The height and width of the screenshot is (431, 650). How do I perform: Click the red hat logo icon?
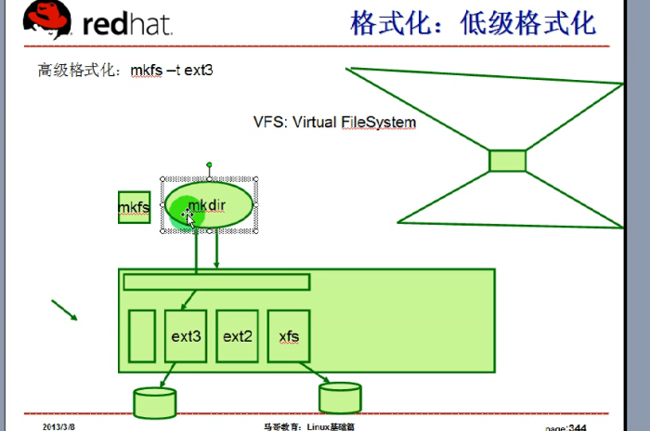[x=49, y=20]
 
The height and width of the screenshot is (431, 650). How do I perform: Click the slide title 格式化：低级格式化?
[x=473, y=23]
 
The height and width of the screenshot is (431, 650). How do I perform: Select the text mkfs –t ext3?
[x=179, y=70]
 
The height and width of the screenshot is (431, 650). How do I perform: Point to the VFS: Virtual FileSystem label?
[x=334, y=122]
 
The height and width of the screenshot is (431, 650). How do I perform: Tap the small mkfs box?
[x=134, y=208]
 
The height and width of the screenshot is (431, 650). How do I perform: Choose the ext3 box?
[x=186, y=335]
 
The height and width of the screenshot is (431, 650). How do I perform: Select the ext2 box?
[x=238, y=335]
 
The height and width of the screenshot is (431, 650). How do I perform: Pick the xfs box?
[x=289, y=335]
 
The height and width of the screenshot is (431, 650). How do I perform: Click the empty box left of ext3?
[x=141, y=335]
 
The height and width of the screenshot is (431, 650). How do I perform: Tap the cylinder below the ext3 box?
[x=155, y=402]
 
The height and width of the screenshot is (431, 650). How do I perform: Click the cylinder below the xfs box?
[x=340, y=398]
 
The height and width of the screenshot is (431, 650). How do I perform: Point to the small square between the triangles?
[x=507, y=161]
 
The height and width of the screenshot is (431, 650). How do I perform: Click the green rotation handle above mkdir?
[x=210, y=165]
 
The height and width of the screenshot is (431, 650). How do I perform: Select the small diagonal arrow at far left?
[x=64, y=310]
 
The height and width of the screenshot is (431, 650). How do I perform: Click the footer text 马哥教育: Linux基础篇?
[x=308, y=426]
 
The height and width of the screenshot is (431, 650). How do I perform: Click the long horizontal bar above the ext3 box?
[x=216, y=281]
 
